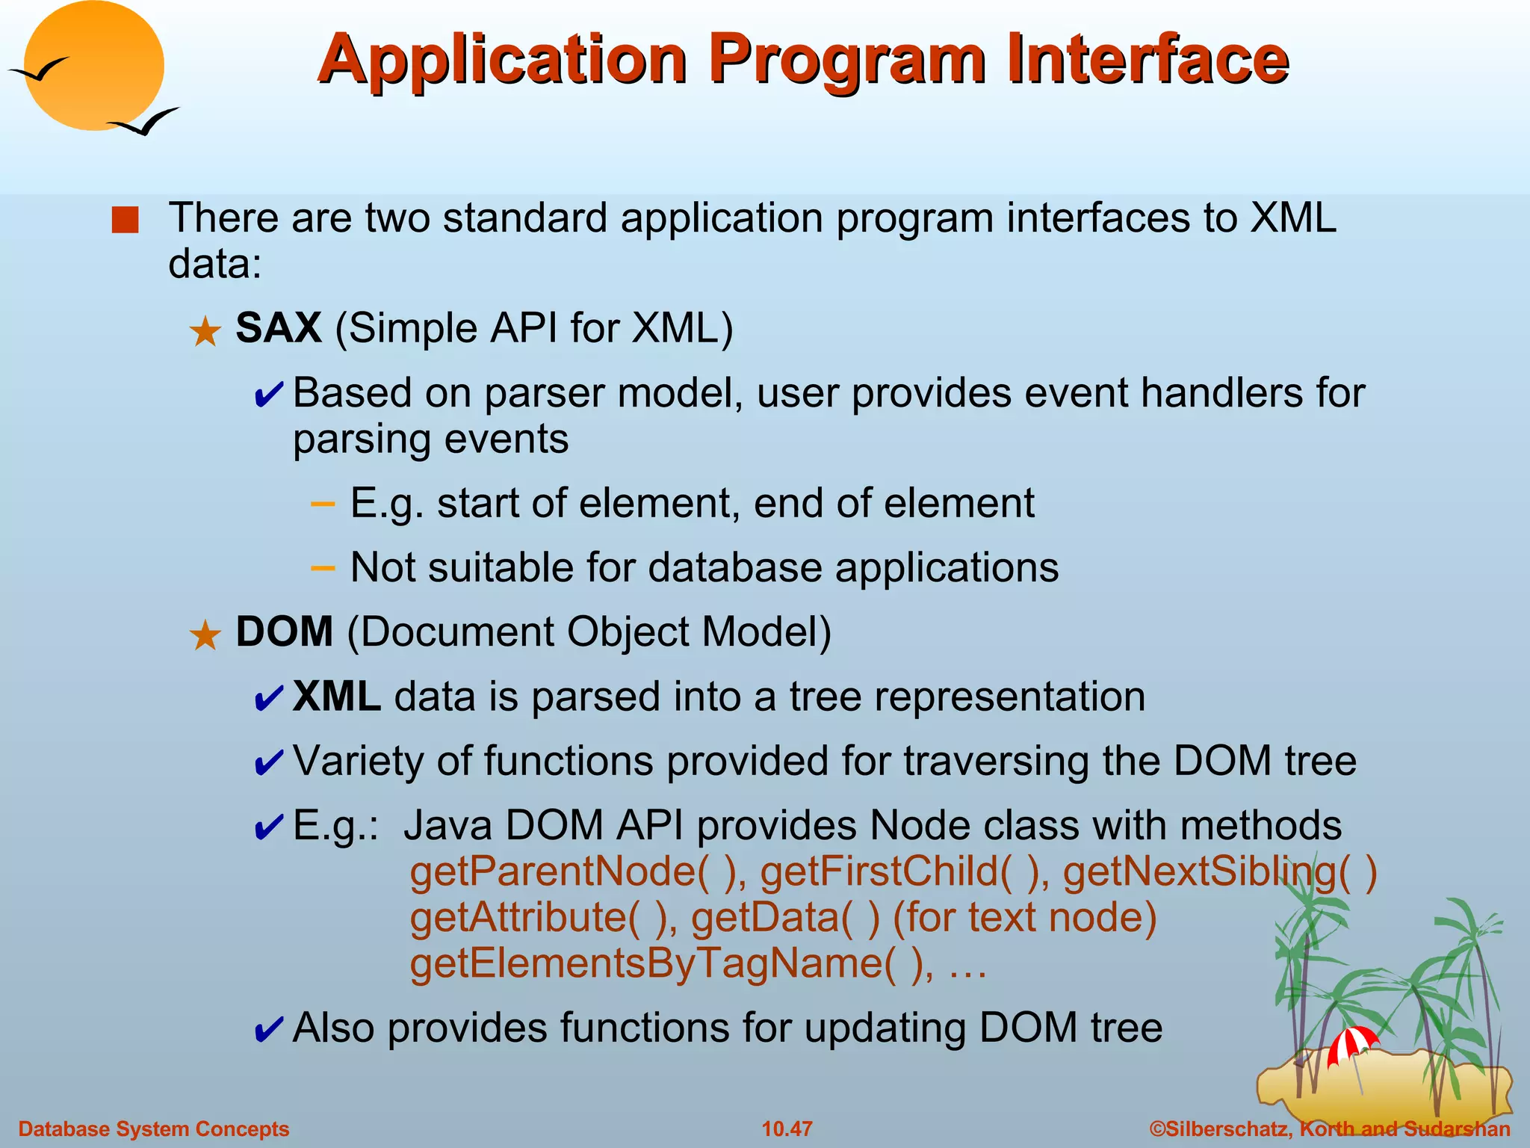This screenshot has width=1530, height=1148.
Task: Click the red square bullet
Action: (x=125, y=220)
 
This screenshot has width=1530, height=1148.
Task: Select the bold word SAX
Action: (x=279, y=327)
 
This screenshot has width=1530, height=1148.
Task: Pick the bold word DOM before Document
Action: (x=284, y=632)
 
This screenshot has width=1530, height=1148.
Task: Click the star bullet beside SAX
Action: (x=205, y=332)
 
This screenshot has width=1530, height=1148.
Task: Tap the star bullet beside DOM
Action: (x=205, y=636)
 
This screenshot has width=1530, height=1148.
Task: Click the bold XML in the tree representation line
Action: (x=336, y=697)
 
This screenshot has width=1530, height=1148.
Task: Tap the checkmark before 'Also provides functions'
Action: (x=268, y=1030)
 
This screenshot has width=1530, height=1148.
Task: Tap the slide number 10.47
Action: (x=787, y=1129)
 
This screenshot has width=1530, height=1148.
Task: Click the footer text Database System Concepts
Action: (x=154, y=1129)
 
